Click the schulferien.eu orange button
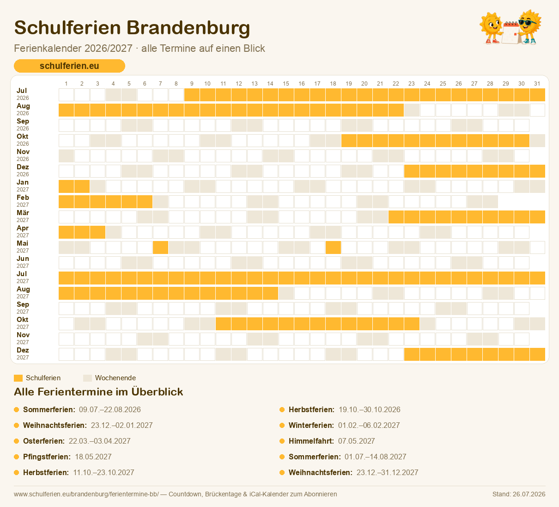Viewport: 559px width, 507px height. click(69, 66)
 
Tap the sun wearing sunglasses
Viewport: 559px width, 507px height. click(529, 26)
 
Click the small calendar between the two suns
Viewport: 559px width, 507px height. click(511, 33)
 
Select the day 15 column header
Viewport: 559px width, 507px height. click(286, 83)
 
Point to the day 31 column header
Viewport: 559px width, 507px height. click(537, 83)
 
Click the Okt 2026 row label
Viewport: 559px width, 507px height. click(23, 140)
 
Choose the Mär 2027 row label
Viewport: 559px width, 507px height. click(23, 216)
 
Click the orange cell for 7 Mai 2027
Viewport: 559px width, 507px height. click(160, 247)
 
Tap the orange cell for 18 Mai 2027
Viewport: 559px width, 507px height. click(333, 247)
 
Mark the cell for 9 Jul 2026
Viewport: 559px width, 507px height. click(192, 95)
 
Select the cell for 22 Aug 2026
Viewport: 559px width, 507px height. click(396, 110)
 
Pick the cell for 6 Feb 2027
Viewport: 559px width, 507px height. click(145, 202)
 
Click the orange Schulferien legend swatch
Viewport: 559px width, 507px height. click(18, 378)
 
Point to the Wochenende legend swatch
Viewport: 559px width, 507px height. click(87, 378)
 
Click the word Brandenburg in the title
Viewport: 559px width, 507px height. click(188, 28)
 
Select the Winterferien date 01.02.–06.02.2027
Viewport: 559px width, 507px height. click(369, 425)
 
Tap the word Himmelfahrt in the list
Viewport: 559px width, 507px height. click(311, 441)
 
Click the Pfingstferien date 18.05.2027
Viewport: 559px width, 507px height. click(93, 457)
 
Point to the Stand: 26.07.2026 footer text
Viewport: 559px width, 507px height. click(519, 494)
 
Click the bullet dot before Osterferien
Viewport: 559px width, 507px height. click(17, 441)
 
